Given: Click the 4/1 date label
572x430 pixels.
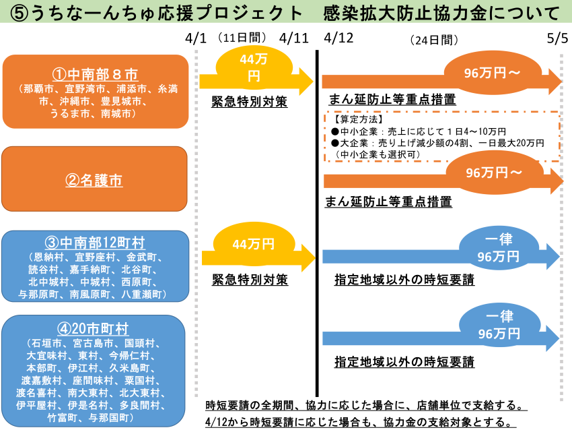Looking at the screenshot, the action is click(196, 38).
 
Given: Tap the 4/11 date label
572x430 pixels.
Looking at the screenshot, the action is click(293, 38).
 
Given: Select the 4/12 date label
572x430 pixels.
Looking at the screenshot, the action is click(338, 38).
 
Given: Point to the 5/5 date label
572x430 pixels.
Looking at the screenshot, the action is click(557, 38).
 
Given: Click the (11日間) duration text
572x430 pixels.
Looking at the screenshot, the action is click(242, 37).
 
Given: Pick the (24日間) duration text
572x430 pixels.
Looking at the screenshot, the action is click(434, 40).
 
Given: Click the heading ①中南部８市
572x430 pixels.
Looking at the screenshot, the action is click(95, 75).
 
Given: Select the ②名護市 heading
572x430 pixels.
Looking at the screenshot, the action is click(94, 180).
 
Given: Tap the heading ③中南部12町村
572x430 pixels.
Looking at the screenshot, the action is click(95, 243).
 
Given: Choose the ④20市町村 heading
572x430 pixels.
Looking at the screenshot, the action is click(93, 329).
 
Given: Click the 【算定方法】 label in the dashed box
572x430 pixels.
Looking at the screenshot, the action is click(357, 119).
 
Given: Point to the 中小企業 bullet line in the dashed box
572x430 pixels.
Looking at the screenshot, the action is click(419, 131).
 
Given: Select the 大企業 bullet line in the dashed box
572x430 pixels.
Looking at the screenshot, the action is click(437, 143).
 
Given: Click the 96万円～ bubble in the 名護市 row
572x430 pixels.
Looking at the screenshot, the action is click(493, 173).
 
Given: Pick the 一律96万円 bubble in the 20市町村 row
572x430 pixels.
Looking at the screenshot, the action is click(499, 325).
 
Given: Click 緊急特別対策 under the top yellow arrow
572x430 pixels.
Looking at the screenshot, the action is click(250, 102).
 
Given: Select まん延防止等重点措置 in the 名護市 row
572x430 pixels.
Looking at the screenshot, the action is click(388, 202).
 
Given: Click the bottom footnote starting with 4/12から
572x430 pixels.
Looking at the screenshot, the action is click(361, 422).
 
